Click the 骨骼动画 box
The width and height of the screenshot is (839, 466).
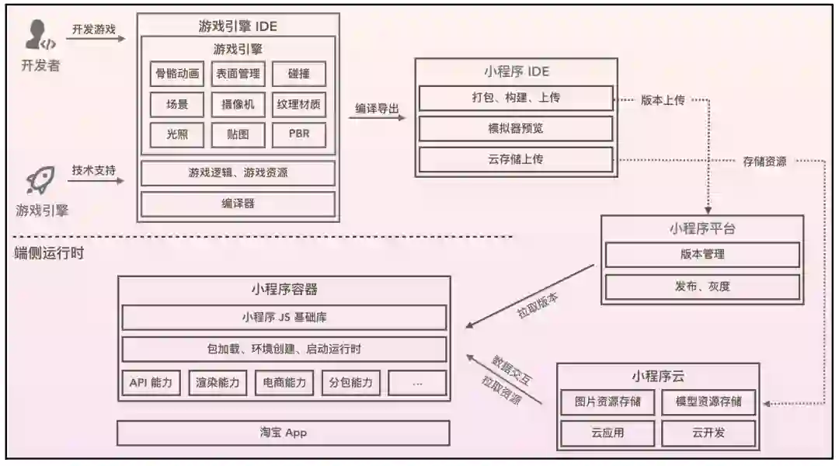(x=177, y=75)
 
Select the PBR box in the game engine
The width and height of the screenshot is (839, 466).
(x=299, y=134)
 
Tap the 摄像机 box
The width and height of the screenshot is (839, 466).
(x=238, y=104)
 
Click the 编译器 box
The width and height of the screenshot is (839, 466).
(x=238, y=203)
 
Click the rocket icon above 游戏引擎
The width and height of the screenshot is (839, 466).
(x=39, y=181)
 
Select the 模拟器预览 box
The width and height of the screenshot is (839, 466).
(x=516, y=128)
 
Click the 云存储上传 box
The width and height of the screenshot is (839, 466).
(x=516, y=159)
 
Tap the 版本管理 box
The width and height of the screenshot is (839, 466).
(x=701, y=254)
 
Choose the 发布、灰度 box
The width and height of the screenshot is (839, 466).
(x=701, y=286)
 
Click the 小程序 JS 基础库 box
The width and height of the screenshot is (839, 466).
(x=284, y=317)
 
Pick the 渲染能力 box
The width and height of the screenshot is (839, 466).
(x=218, y=382)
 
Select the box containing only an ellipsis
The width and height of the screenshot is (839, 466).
(x=417, y=382)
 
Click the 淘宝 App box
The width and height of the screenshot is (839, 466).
(x=284, y=433)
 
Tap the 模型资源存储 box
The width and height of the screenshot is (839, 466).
(x=708, y=402)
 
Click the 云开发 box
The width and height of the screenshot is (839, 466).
(x=708, y=433)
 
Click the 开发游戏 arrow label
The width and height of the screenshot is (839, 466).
(x=93, y=30)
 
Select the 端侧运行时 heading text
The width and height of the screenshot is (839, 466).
(x=49, y=253)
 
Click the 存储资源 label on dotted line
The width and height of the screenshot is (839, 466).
(x=764, y=162)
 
